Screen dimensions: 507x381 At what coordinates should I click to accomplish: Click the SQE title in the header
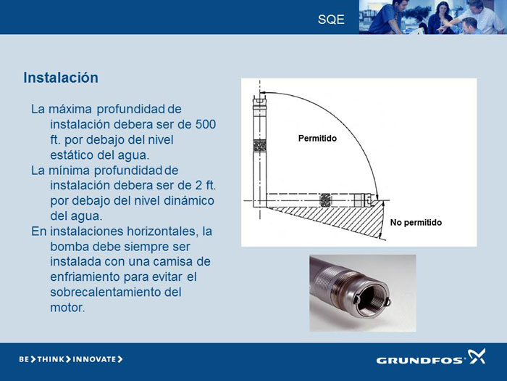[x=331, y=20]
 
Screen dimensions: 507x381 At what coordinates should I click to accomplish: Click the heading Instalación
[x=61, y=78]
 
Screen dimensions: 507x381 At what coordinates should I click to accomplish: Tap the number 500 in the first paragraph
[x=206, y=124]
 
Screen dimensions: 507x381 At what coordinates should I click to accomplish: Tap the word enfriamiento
[x=85, y=277]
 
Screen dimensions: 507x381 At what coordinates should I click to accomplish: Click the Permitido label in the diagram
[x=317, y=139]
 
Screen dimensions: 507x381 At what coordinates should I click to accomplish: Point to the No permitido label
[x=416, y=223]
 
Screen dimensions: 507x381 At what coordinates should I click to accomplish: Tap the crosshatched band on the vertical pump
[x=259, y=146]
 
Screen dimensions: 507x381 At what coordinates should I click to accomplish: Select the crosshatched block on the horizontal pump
[x=325, y=200]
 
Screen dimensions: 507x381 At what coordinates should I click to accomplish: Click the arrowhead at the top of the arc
[x=263, y=93]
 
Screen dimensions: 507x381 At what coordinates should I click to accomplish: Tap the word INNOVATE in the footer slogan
[x=94, y=359]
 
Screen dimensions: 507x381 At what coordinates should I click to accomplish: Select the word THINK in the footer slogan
[x=51, y=359]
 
